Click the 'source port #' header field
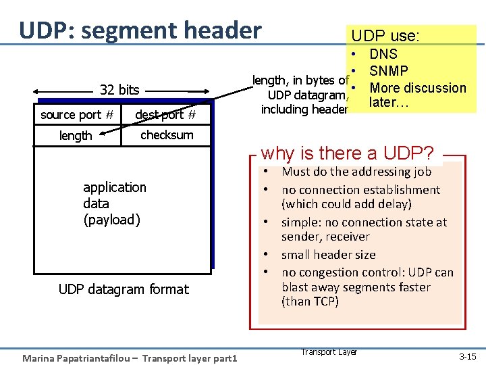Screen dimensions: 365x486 76,115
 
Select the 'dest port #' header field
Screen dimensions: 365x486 165,115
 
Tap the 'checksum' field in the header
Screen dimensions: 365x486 167,135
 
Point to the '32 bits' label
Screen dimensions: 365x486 119,90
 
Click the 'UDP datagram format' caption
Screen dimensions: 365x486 124,289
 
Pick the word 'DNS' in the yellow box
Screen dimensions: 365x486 383,54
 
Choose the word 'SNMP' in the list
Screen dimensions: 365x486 389,71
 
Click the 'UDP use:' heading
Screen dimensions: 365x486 387,36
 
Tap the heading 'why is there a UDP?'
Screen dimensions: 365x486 347,153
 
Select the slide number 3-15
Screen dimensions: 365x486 467,356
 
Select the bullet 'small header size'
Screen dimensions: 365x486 329,255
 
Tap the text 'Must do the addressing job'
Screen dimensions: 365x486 356,172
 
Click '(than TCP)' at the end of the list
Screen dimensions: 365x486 310,301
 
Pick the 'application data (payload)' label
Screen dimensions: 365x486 114,203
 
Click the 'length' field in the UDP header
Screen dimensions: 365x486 76,136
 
